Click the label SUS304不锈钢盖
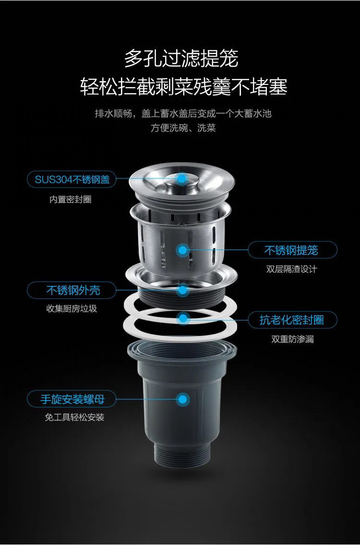(x=72, y=180)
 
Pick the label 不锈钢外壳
(x=73, y=290)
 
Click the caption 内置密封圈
(x=71, y=200)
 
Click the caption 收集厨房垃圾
(x=72, y=309)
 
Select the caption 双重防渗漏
(x=293, y=339)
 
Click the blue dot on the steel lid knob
(x=182, y=178)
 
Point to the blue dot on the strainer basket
(x=182, y=249)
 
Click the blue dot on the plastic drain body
(x=182, y=399)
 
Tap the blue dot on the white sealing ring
(x=182, y=318)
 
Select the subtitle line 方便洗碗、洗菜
(x=183, y=128)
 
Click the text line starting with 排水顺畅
(x=183, y=114)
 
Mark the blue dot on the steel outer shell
(x=182, y=289)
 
